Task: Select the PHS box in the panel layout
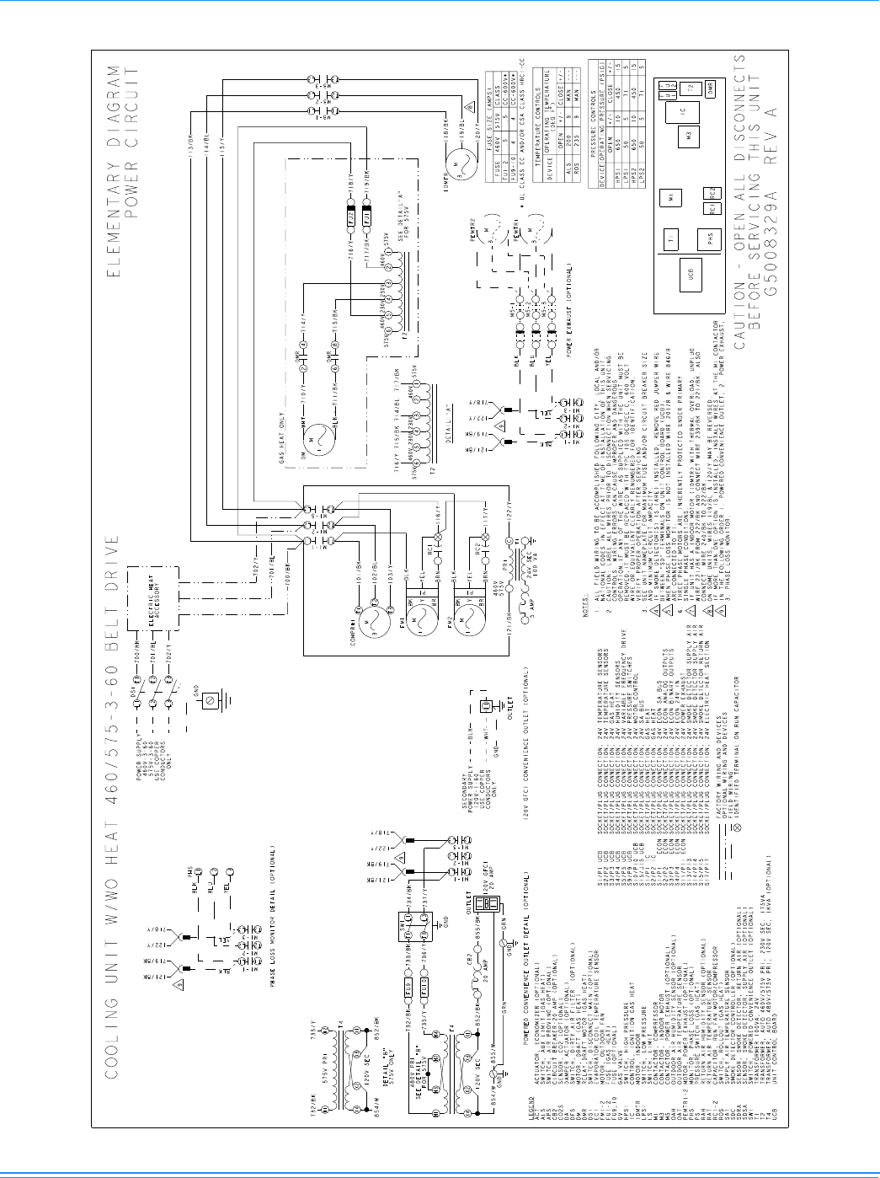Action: click(712, 239)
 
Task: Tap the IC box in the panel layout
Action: click(683, 110)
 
